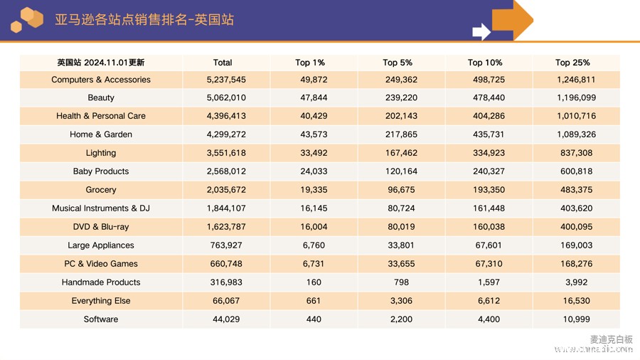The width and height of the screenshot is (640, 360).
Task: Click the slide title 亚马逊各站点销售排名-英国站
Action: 144,20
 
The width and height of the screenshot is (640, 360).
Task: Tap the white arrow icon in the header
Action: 481,31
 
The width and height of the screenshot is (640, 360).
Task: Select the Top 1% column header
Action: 310,63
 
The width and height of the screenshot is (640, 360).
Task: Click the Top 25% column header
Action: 572,63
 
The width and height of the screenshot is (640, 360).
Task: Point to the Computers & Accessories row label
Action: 101,80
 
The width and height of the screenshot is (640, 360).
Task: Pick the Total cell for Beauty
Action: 226,97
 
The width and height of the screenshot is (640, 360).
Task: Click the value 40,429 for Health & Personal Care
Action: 314,116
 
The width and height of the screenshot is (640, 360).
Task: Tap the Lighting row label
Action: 101,153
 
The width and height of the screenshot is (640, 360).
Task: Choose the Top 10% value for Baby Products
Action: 489,171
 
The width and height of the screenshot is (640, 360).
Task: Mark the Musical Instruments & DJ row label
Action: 101,208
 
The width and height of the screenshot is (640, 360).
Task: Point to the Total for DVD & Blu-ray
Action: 226,227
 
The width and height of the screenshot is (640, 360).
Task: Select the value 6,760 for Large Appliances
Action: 314,245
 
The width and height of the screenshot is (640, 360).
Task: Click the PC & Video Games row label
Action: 101,264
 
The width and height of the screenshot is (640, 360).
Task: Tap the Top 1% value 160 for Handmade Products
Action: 314,282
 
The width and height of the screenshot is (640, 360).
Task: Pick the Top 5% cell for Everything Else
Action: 401,301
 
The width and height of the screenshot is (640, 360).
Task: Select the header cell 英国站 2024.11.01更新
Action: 101,63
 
